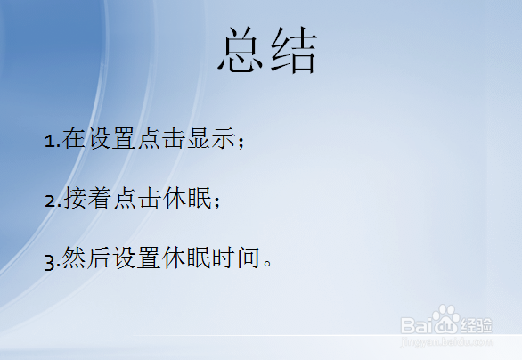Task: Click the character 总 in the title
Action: (x=241, y=51)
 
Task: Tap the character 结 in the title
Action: (x=293, y=51)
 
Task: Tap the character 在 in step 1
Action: (x=74, y=139)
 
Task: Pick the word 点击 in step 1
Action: (x=161, y=139)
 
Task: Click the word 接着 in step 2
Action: (x=86, y=200)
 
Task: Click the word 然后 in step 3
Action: (x=86, y=260)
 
